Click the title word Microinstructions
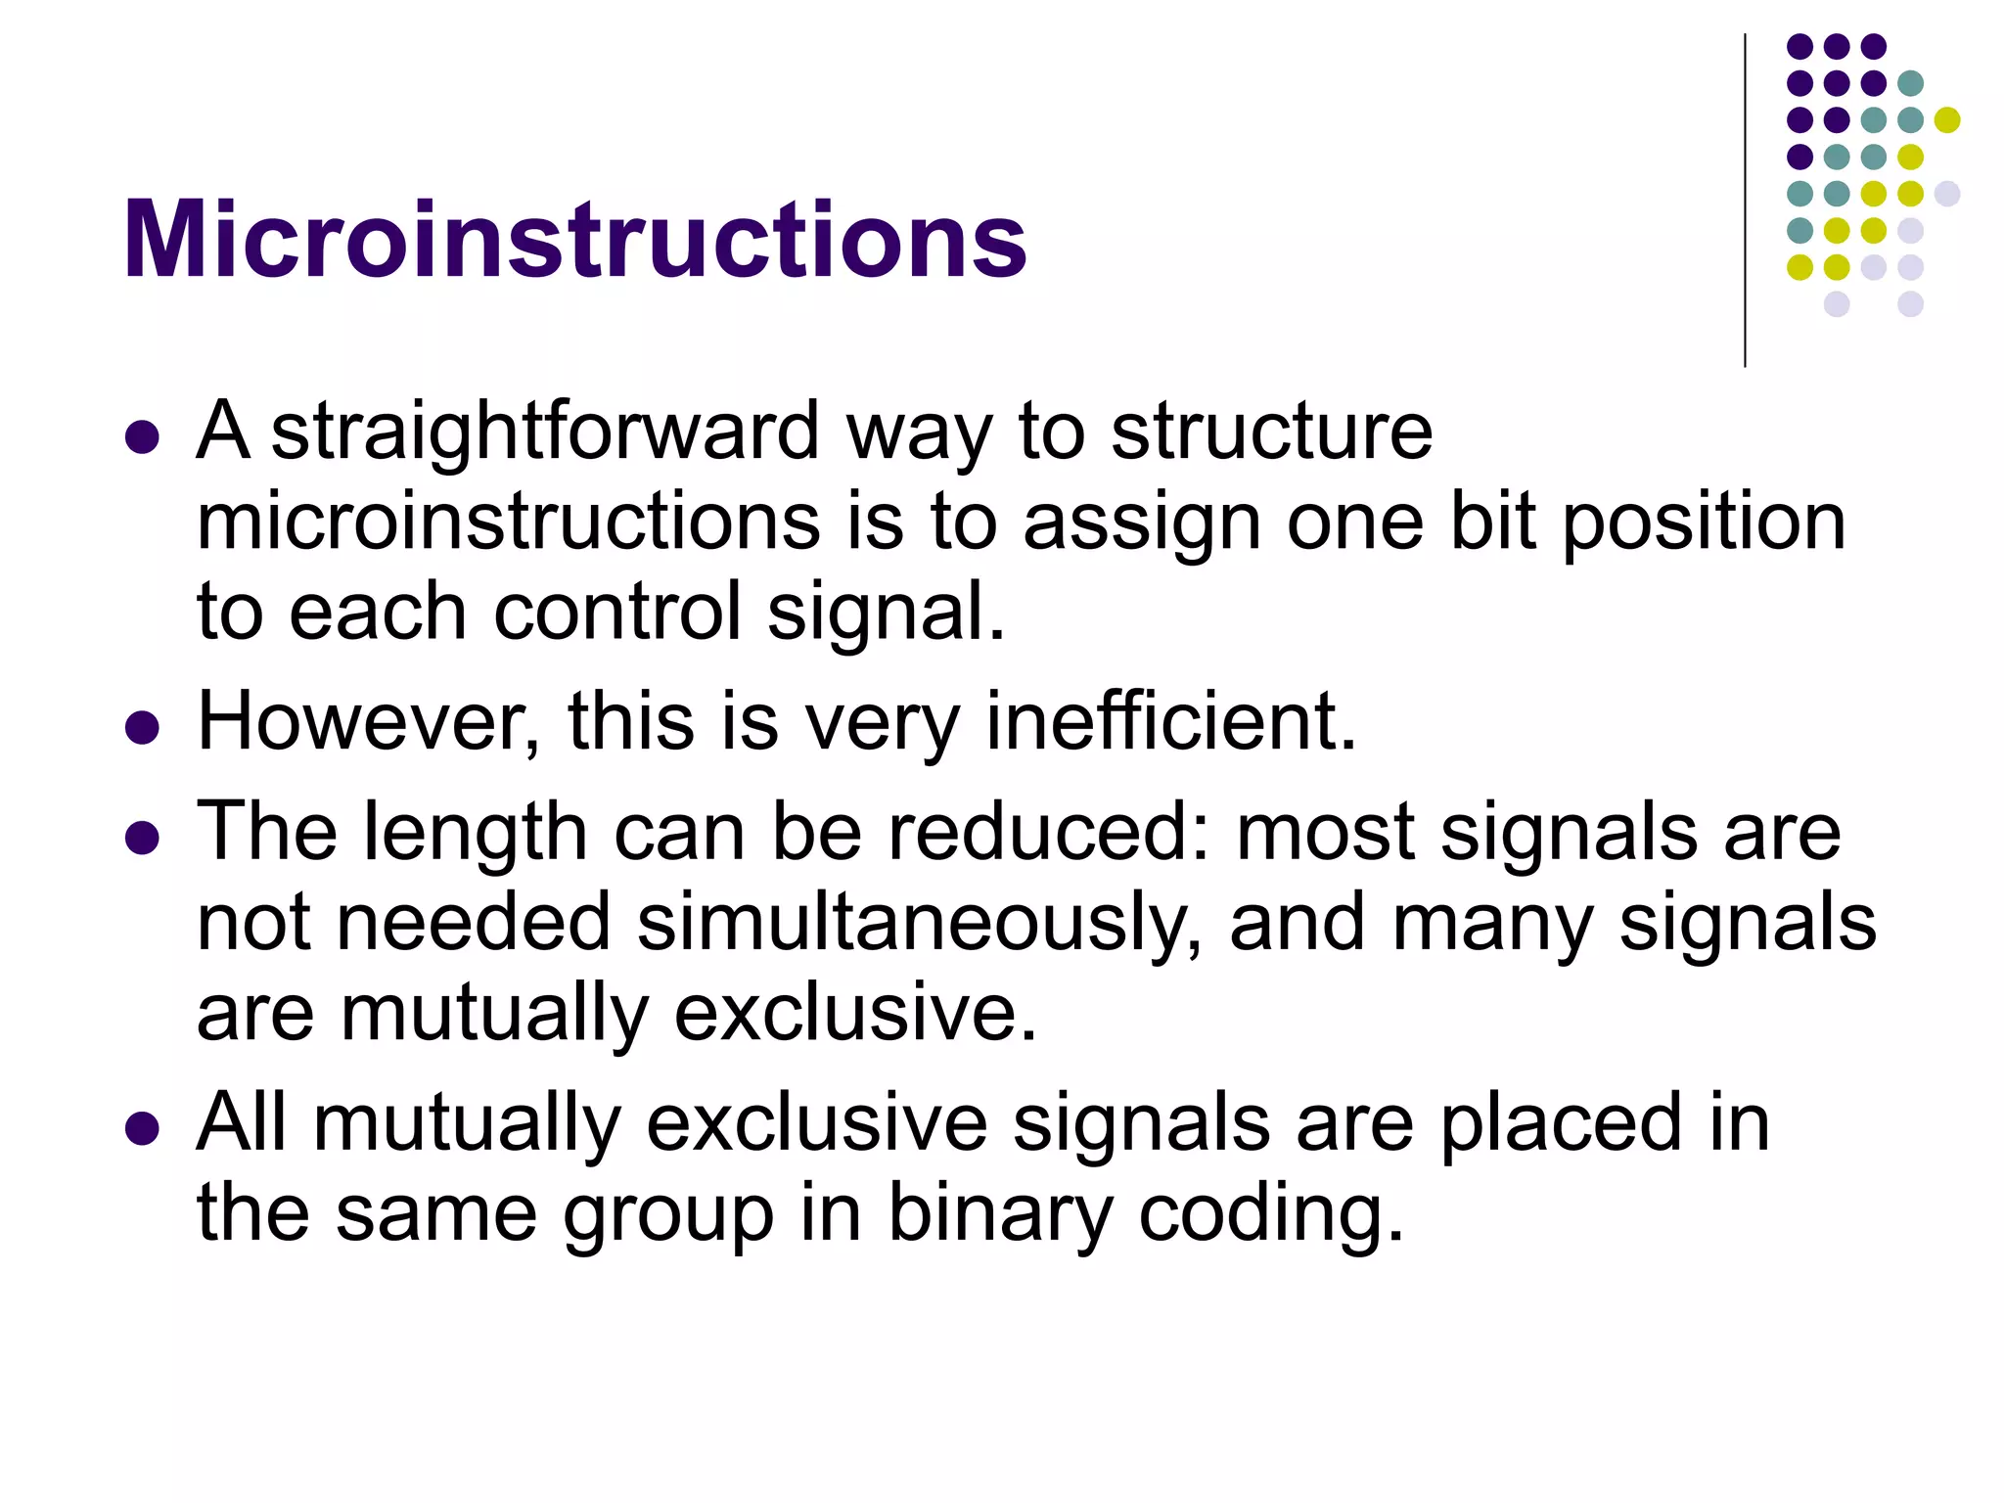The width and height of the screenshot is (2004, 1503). (x=574, y=240)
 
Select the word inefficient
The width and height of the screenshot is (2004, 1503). (x=1171, y=721)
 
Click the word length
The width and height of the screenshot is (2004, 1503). (x=476, y=832)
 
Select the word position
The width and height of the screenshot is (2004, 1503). (x=1704, y=523)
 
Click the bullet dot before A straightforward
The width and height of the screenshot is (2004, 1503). (x=143, y=437)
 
